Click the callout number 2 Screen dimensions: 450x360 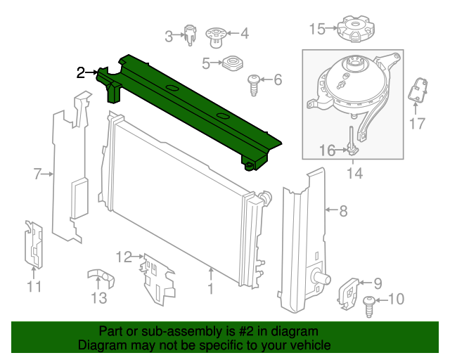pyautogui.click(x=81, y=73)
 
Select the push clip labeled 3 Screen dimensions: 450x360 pyautogui.click(x=190, y=35)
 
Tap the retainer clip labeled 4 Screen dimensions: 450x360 pyautogui.click(x=217, y=37)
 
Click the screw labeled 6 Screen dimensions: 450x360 pyautogui.click(x=254, y=85)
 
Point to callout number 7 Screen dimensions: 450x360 pyautogui.click(x=37, y=174)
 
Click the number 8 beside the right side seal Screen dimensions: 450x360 pyautogui.click(x=343, y=211)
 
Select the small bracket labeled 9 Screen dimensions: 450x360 pyautogui.click(x=348, y=293)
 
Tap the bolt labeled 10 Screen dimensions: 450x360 pyautogui.click(x=369, y=307)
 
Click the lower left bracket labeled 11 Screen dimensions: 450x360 pyautogui.click(x=34, y=245)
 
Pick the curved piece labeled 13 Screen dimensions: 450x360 pyautogui.click(x=101, y=277)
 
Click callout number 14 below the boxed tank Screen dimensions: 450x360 pyautogui.click(x=354, y=174)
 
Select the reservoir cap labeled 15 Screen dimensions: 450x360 pyautogui.click(x=356, y=29)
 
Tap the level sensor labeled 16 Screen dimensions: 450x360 pyautogui.click(x=352, y=141)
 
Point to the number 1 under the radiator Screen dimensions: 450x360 pyautogui.click(x=211, y=289)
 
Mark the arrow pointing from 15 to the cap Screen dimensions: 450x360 pyautogui.click(x=332, y=28)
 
